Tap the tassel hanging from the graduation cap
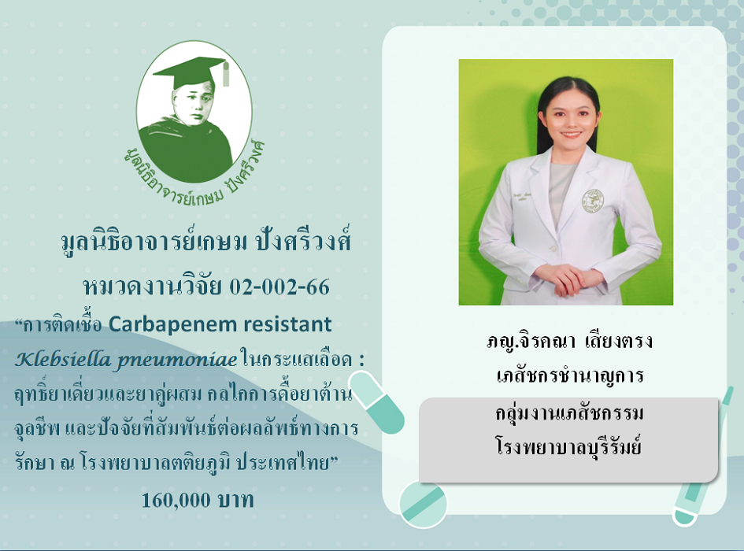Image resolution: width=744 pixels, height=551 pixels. point(226,74)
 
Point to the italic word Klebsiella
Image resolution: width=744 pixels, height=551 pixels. point(63,359)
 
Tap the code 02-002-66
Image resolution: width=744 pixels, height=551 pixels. point(279,287)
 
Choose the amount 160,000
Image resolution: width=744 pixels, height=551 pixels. point(176,500)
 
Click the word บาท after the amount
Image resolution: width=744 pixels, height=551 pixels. point(236,500)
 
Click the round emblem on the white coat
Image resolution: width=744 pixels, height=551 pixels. point(593,201)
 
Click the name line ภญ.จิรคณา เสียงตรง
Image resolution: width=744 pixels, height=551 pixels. point(569,341)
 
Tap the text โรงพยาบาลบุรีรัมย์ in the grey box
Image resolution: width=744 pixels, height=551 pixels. point(569,447)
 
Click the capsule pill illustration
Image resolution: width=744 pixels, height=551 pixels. point(377,402)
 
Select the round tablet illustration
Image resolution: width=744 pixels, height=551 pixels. point(424,504)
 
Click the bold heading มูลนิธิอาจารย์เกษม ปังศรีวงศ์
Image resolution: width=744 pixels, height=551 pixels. point(206,242)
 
